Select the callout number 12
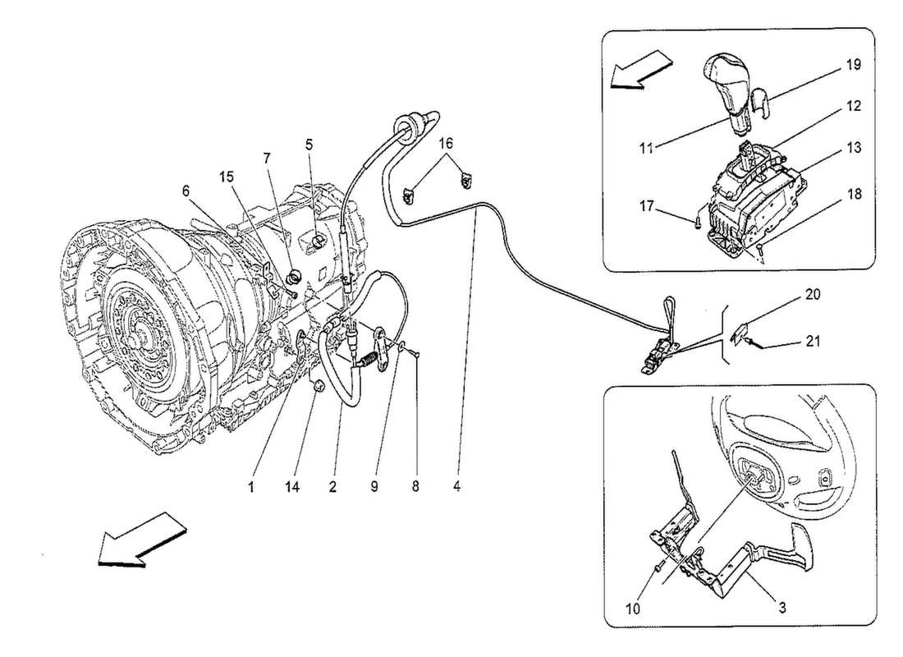[855, 106]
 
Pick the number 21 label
[812, 339]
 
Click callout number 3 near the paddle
[782, 609]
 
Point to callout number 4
[456, 486]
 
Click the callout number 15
[226, 175]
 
